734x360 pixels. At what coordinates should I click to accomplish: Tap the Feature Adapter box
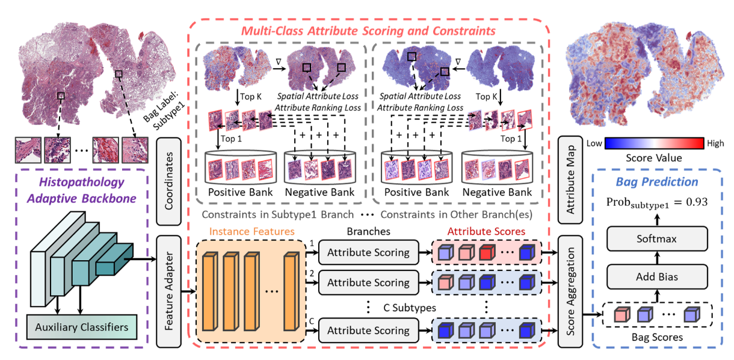coord(168,292)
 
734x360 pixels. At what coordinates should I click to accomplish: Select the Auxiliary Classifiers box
coord(82,327)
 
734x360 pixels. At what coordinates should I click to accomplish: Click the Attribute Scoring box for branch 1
coord(368,252)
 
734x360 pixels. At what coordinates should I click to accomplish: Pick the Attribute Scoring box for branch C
coord(368,330)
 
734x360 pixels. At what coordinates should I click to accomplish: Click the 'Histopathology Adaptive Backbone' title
coord(82,190)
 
